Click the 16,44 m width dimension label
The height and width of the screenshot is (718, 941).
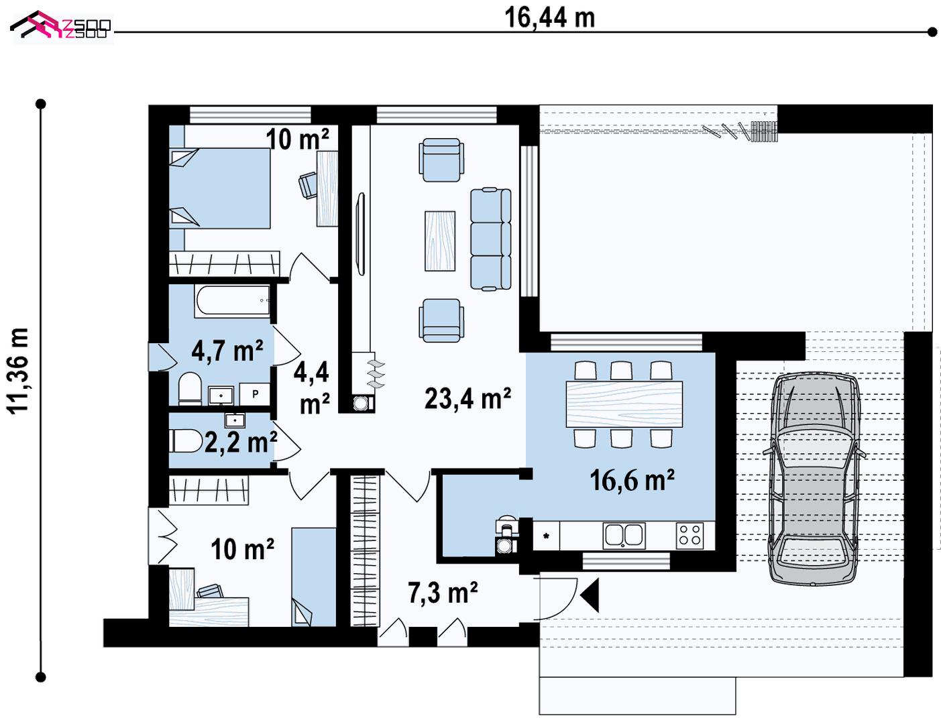tap(549, 18)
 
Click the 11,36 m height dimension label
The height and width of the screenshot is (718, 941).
tap(19, 371)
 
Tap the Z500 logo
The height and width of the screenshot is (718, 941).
tap(60, 26)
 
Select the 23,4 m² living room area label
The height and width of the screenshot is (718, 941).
tap(467, 398)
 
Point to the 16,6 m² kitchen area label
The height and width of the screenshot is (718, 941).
tap(632, 480)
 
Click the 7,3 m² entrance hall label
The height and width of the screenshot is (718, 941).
tap(443, 593)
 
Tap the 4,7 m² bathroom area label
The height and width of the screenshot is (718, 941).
tap(227, 351)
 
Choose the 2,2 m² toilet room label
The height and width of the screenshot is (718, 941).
tap(241, 442)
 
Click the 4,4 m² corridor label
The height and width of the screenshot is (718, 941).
tap(312, 387)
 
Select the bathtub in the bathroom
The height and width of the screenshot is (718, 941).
tap(232, 301)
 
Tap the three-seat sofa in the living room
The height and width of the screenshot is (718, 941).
tap(490, 239)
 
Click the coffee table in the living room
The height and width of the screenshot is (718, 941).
tap(440, 241)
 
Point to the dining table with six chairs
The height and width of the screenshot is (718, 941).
tap(624, 404)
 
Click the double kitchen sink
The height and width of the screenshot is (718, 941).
tap(624, 536)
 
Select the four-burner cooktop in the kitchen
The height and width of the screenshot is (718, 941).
tap(689, 536)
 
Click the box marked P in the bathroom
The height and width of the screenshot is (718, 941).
tap(255, 394)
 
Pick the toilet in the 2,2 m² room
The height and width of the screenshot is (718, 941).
tap(186, 441)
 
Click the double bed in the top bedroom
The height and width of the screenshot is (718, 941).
tap(219, 188)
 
